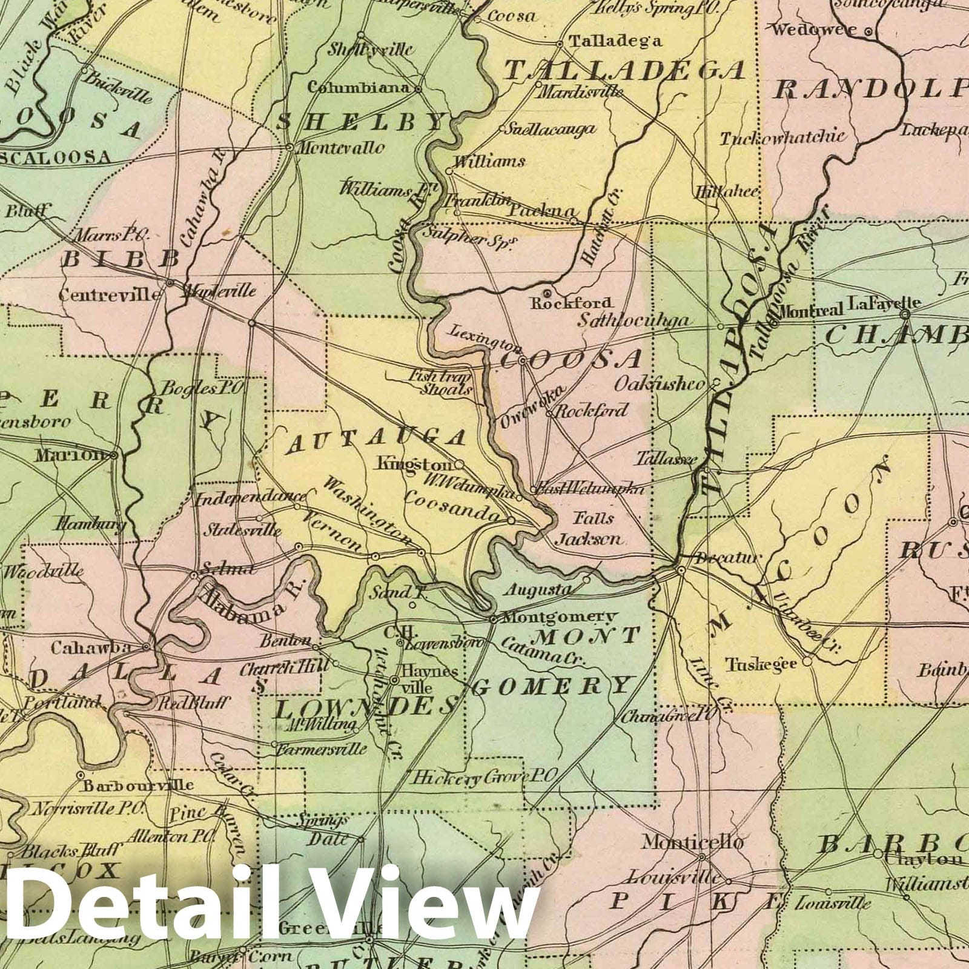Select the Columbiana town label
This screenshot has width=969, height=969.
pyautogui.click(x=359, y=88)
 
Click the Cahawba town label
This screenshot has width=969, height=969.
pyautogui.click(x=91, y=647)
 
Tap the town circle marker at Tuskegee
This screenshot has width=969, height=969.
pyautogui.click(x=807, y=662)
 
